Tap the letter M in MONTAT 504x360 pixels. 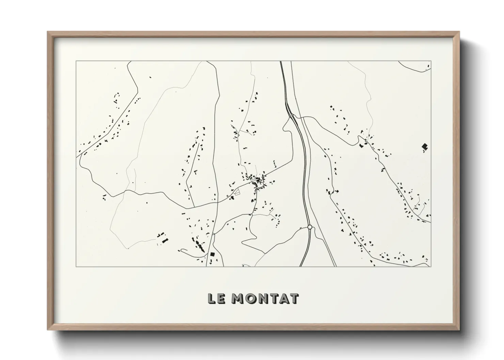(x=238, y=298)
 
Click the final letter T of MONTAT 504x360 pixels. (x=294, y=298)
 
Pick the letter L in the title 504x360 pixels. (x=211, y=298)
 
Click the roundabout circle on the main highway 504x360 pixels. (x=310, y=227)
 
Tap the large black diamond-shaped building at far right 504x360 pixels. (x=424, y=147)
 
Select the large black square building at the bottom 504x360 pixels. (x=212, y=254)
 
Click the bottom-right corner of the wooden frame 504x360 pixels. (x=459, y=330)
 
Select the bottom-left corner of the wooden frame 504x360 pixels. (x=48, y=330)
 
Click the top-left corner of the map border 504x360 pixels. (x=76, y=61)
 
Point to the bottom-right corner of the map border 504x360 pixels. (x=431, y=266)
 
